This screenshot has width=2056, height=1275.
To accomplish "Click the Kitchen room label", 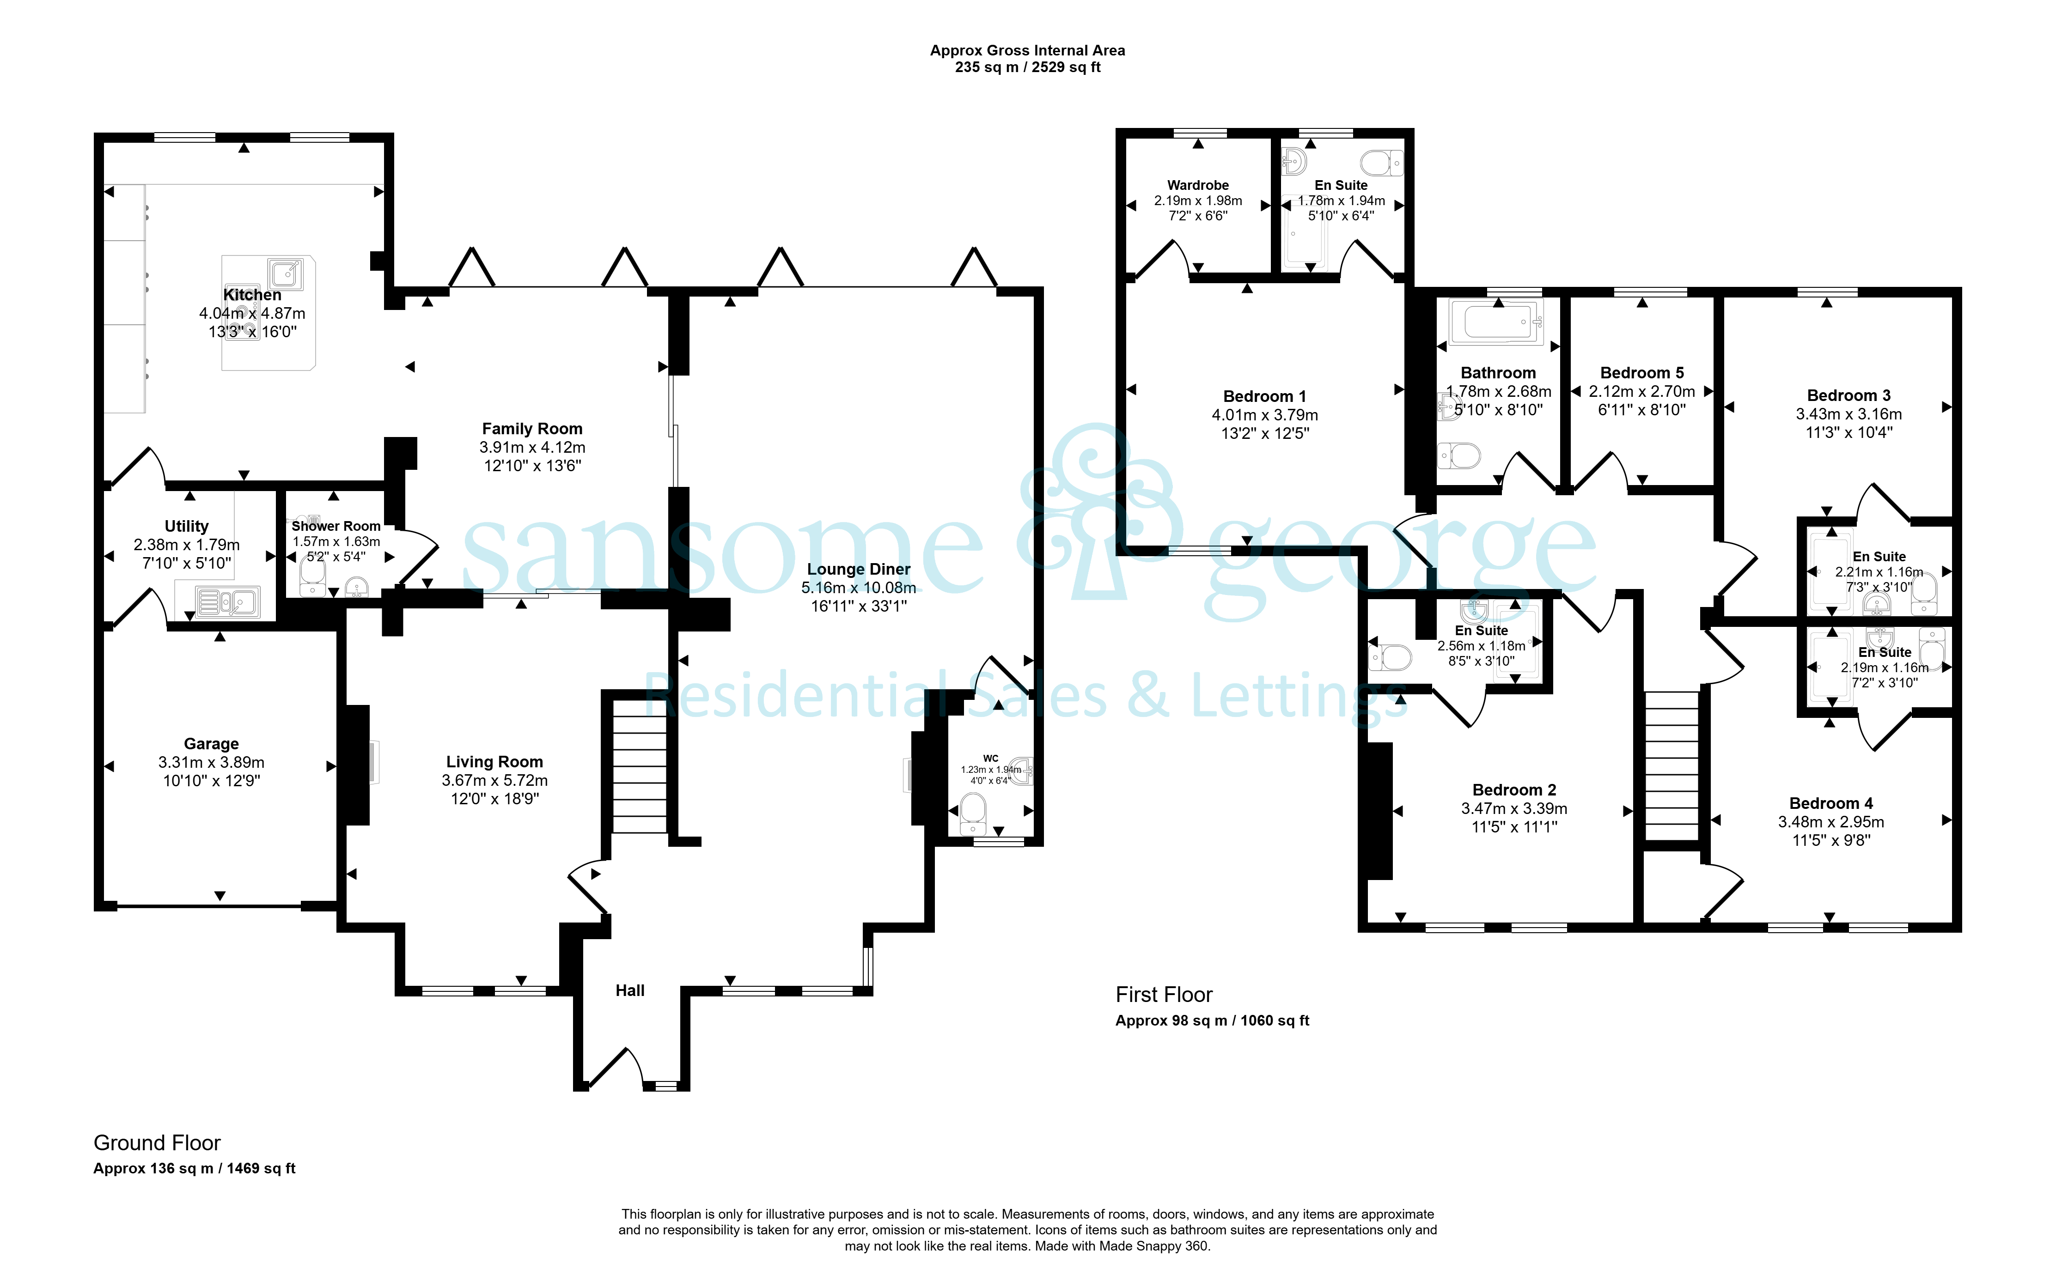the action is pyautogui.click(x=252, y=294).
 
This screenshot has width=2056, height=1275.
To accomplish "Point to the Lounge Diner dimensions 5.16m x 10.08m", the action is pyautogui.click(x=859, y=588).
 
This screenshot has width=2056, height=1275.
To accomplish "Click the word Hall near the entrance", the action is pyautogui.click(x=630, y=991).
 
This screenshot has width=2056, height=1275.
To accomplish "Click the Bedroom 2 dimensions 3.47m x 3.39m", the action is pyautogui.click(x=1514, y=809).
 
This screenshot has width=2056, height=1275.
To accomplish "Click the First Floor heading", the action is pyautogui.click(x=1164, y=995).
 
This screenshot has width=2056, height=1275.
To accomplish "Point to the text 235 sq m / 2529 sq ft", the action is pyautogui.click(x=1027, y=67).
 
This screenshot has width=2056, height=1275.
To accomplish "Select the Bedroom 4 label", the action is pyautogui.click(x=1831, y=804).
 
